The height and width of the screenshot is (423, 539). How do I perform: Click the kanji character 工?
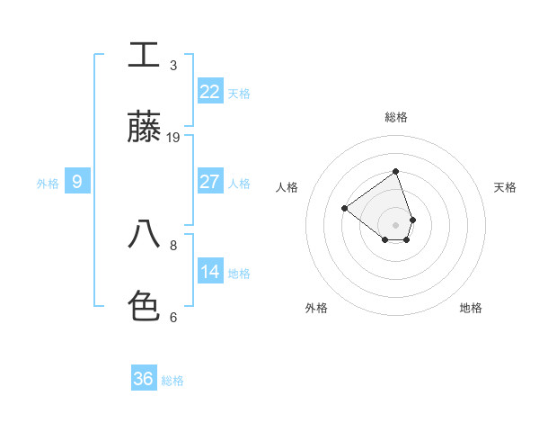[x=144, y=55]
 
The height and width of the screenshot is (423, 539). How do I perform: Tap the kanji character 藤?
[x=144, y=128]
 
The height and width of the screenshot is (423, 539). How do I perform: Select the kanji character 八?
[x=144, y=235]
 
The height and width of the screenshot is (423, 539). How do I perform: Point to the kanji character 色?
[x=144, y=306]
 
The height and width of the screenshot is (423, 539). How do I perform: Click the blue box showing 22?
[x=210, y=92]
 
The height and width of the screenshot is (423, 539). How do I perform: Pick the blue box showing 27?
[x=210, y=182]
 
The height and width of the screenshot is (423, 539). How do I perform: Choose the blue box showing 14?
[x=210, y=272]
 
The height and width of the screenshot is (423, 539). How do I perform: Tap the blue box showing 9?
[x=77, y=182]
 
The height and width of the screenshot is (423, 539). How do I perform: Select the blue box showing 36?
[x=144, y=379]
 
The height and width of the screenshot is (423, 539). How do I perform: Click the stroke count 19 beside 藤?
[x=173, y=138]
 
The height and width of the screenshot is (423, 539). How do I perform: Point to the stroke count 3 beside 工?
[x=173, y=66]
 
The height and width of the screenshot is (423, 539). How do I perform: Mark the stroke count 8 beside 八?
[x=173, y=245]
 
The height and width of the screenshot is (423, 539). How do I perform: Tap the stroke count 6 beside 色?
[x=173, y=317]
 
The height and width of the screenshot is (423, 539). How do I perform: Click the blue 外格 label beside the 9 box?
[x=48, y=184]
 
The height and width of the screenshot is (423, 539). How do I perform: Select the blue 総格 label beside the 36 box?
[x=172, y=381]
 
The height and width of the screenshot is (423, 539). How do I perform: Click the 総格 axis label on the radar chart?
[x=395, y=117]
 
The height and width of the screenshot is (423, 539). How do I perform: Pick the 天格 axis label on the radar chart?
[x=505, y=187]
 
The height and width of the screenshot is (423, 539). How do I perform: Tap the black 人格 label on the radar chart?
[x=287, y=187]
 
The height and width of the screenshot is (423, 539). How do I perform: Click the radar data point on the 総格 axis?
[x=395, y=171]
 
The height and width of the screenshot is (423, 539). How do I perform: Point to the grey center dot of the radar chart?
[x=395, y=224]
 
